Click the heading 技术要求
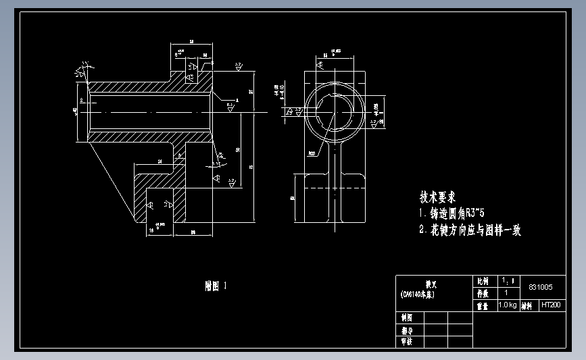point(437,197)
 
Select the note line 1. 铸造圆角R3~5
point(461,213)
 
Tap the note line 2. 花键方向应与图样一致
point(470,230)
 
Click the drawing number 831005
point(540,287)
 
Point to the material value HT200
point(551,305)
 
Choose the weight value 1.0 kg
point(508,305)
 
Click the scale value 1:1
point(508,280)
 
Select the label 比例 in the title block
point(483,281)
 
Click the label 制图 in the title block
point(407,317)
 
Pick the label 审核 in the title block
point(407,342)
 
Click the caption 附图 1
point(216,286)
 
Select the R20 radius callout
point(312,153)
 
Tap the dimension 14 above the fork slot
point(160,161)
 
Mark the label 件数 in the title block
point(483,293)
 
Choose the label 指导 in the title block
point(407,331)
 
